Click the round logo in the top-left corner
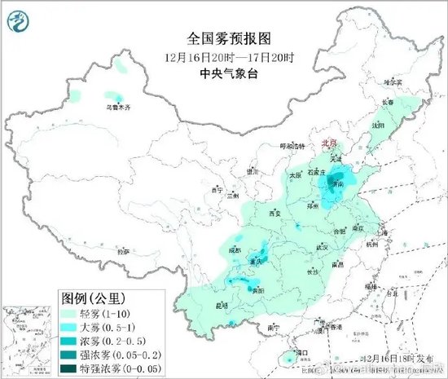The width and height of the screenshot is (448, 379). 18,21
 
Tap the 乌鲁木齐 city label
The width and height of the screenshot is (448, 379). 121,106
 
